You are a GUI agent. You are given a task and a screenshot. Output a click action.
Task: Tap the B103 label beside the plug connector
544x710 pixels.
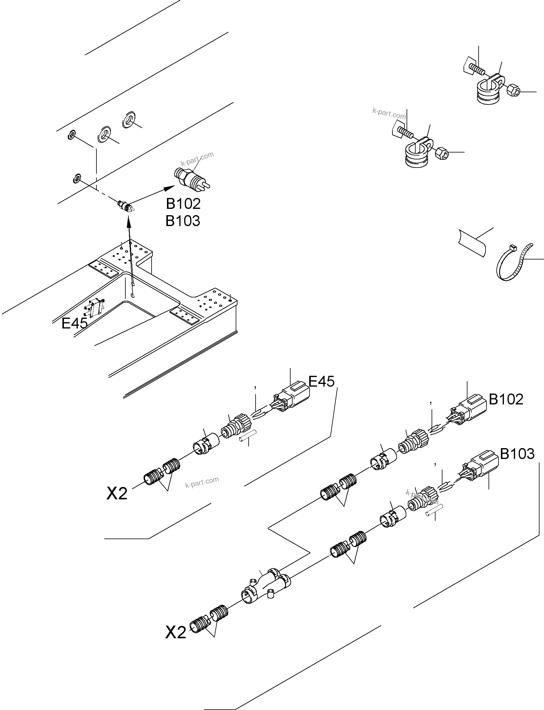click(x=517, y=454)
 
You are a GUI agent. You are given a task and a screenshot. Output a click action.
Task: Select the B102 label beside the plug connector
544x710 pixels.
click(x=506, y=400)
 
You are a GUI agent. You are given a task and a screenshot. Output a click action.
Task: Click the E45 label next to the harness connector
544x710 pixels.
click(x=321, y=382)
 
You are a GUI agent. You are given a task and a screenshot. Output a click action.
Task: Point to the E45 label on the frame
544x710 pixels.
click(x=74, y=323)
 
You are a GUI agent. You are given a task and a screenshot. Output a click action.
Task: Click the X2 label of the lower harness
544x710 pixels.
click(x=175, y=632)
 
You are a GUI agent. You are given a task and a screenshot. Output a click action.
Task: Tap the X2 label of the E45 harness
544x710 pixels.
click(x=117, y=494)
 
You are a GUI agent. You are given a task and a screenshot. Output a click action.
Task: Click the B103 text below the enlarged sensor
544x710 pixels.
click(x=183, y=221)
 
